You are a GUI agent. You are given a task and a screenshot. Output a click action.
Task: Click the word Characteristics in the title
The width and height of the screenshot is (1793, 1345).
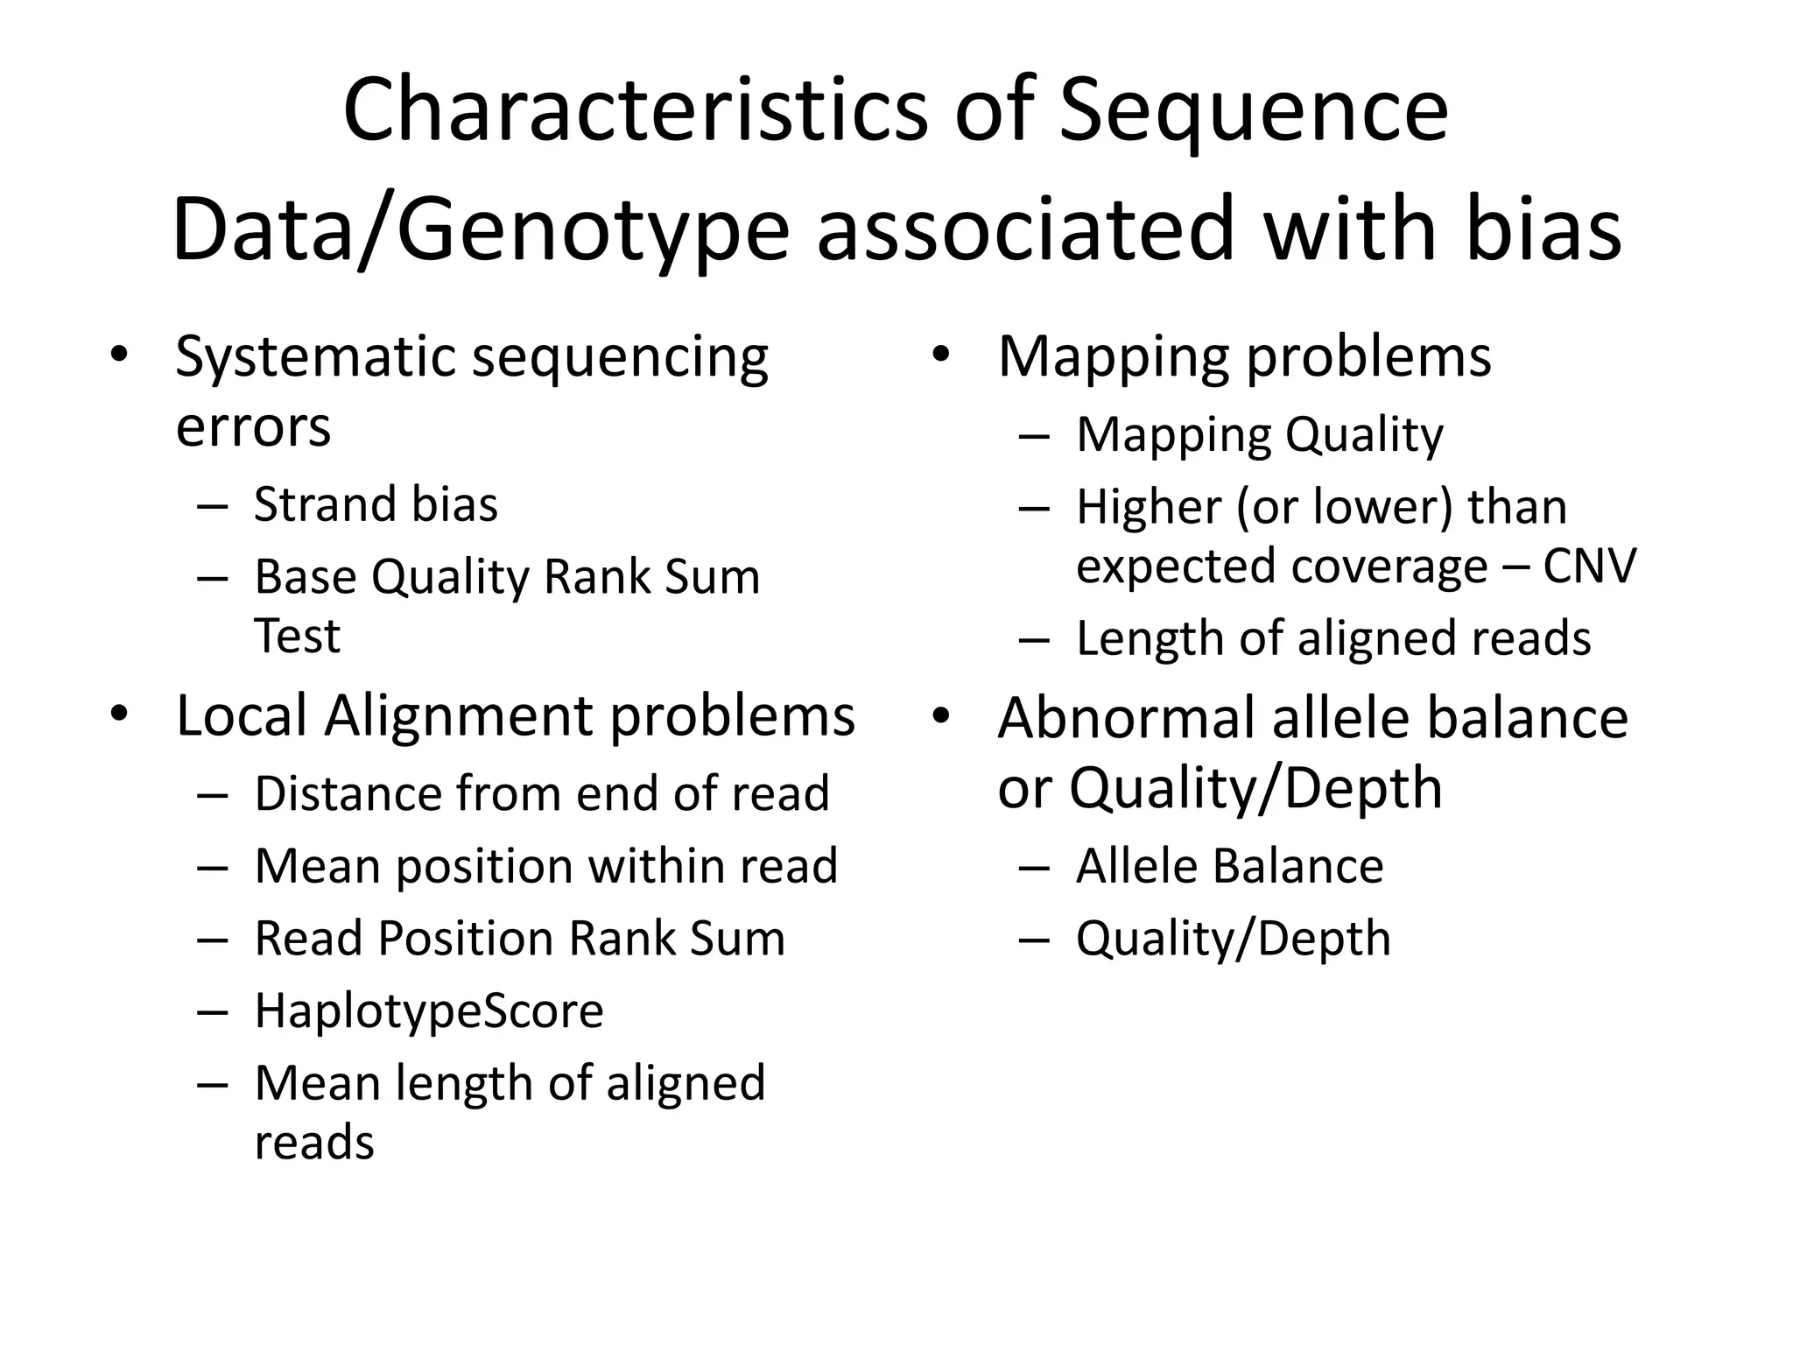coord(634,111)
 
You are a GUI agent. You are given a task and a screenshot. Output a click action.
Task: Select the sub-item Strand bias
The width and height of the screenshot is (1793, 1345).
coord(376,504)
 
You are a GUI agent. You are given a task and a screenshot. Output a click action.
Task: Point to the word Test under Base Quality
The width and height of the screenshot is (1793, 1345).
coord(297,636)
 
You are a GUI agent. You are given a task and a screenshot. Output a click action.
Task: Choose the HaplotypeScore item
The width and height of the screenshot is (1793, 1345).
coord(429,1011)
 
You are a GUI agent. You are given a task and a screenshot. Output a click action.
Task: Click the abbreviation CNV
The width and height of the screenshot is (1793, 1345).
coord(1589,566)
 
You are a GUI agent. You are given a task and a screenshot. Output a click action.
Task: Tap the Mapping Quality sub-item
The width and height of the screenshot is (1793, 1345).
coord(1259,434)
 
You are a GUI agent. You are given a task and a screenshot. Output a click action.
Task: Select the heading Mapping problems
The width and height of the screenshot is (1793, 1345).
coord(1244,357)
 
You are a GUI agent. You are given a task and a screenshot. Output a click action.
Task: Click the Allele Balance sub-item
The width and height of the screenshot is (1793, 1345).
coord(1229,866)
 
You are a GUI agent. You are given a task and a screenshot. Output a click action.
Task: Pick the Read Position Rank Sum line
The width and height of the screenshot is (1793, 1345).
coord(519,938)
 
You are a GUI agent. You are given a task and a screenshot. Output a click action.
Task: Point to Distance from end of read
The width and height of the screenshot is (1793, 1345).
coord(541,793)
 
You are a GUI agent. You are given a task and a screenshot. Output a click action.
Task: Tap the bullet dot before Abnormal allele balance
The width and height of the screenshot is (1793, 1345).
coord(941,715)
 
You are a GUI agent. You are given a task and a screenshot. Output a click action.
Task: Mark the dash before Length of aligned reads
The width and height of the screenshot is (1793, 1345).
coord(1034,639)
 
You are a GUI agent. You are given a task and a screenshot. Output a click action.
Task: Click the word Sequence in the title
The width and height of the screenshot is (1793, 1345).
coord(1253,111)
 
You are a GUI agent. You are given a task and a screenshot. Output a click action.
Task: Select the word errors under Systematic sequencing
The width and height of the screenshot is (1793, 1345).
coord(253,428)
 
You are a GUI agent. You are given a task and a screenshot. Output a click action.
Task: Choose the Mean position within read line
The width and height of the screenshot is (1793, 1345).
coord(545,866)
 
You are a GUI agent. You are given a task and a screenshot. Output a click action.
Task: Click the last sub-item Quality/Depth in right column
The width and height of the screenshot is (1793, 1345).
coord(1233,938)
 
